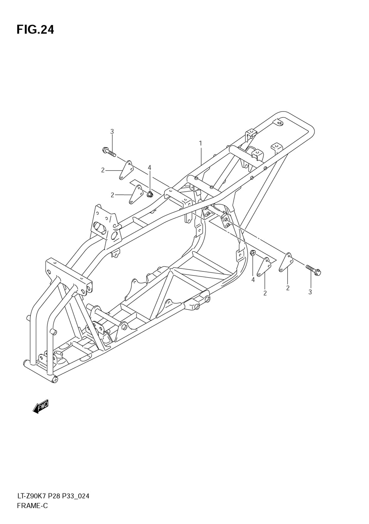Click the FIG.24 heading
click(x=35, y=30)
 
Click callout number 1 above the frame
click(x=200, y=143)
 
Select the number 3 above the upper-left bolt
click(x=112, y=132)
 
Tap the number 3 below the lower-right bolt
click(x=310, y=292)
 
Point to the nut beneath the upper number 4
click(x=149, y=194)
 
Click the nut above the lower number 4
click(x=253, y=253)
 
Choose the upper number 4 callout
click(x=149, y=168)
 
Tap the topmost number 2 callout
click(x=103, y=171)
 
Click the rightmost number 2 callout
click(x=288, y=288)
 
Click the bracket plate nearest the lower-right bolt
click(x=286, y=262)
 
